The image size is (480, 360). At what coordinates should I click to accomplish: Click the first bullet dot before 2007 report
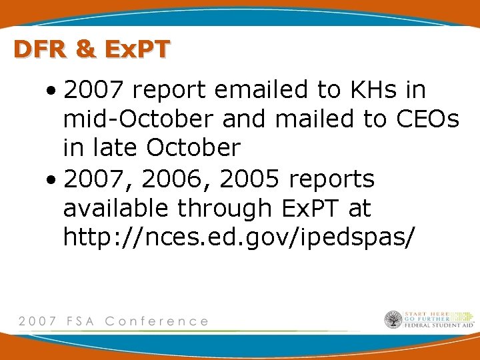[x=51, y=91]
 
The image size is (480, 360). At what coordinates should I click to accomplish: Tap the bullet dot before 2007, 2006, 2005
[x=51, y=179]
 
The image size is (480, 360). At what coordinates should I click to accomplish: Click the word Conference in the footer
[x=157, y=321]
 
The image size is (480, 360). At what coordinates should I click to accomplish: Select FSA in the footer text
[x=81, y=321]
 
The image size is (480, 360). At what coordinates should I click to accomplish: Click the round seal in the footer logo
[x=393, y=320]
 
